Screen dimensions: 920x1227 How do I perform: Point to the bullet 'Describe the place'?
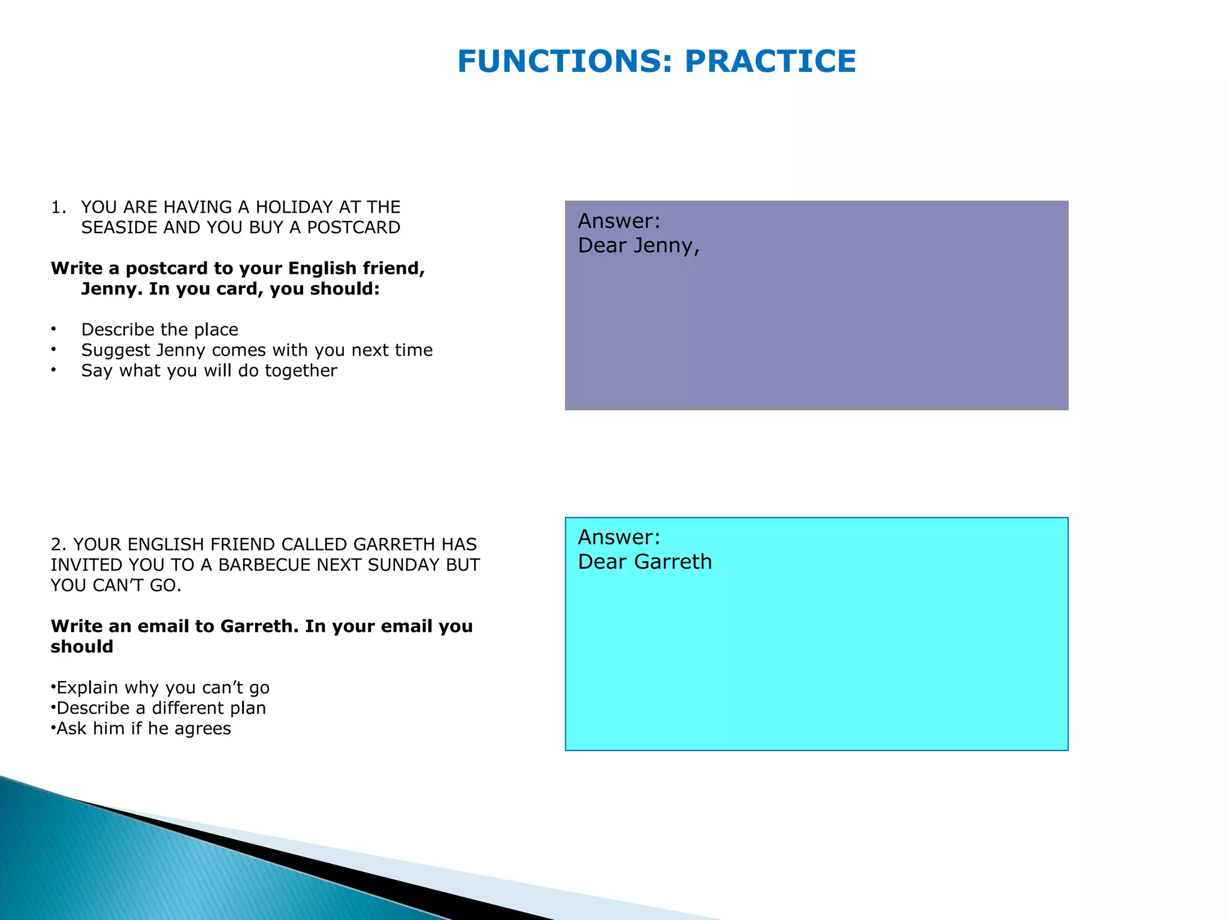coord(159,329)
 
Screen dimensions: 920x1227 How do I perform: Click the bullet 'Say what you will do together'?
coord(209,371)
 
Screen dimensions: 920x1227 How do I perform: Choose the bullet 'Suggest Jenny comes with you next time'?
coord(256,350)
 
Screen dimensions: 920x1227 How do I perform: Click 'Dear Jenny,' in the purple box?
coord(639,246)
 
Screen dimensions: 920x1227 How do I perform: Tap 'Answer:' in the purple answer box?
coord(619,221)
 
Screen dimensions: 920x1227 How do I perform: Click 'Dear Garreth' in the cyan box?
coord(645,562)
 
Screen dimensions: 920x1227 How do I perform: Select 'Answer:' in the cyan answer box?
coord(619,537)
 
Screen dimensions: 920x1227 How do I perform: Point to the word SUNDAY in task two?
coord(404,565)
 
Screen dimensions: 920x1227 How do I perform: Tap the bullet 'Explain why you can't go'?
coord(162,688)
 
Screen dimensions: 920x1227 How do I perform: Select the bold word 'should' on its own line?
coord(82,647)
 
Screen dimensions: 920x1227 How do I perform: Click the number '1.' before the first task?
coord(58,207)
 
